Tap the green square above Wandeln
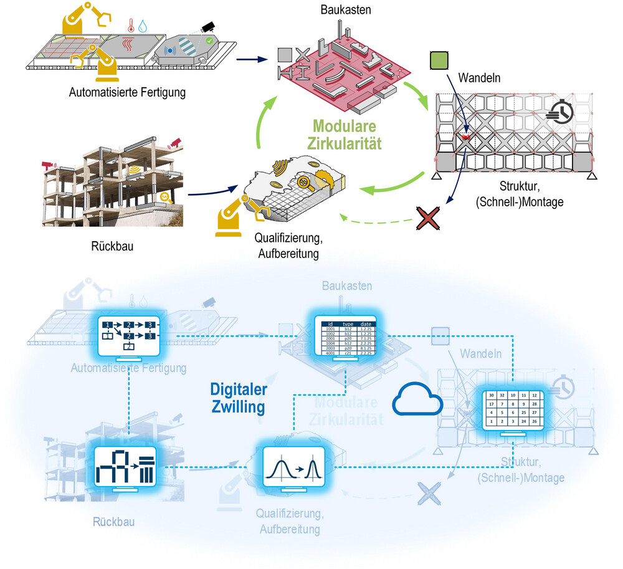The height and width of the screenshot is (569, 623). tap(439, 61)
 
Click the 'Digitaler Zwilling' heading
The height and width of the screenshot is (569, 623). tap(239, 398)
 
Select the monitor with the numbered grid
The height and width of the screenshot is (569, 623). tap(515, 411)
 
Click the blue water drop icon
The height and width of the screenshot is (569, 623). tap(143, 26)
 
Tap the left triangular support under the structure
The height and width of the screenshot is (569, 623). tap(438, 177)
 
